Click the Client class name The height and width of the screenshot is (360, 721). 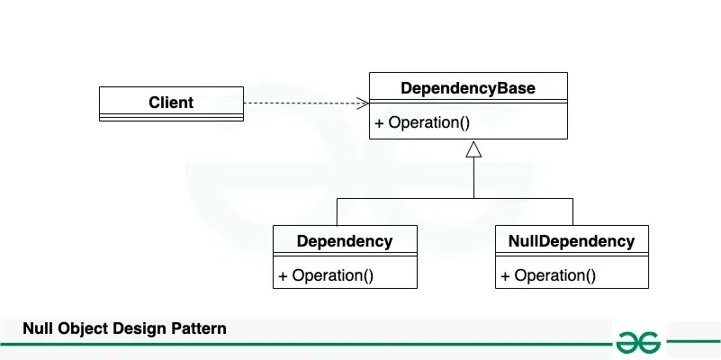click(171, 102)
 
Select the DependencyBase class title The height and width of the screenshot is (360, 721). click(468, 88)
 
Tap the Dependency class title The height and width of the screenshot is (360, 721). click(345, 241)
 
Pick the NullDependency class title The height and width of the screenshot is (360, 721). click(572, 241)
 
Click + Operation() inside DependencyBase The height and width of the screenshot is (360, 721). click(422, 122)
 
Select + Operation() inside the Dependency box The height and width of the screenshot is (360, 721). click(326, 275)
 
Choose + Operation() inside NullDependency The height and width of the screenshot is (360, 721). click(548, 275)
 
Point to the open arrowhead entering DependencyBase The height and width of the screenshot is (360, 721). click(363, 103)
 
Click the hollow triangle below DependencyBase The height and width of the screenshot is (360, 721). click(473, 149)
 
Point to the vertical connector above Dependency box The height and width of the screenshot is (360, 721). click(337, 211)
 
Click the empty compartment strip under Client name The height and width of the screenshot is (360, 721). click(171, 117)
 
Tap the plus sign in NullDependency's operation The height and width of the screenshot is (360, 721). click(505, 275)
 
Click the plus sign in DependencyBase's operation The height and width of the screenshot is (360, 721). click(379, 122)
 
